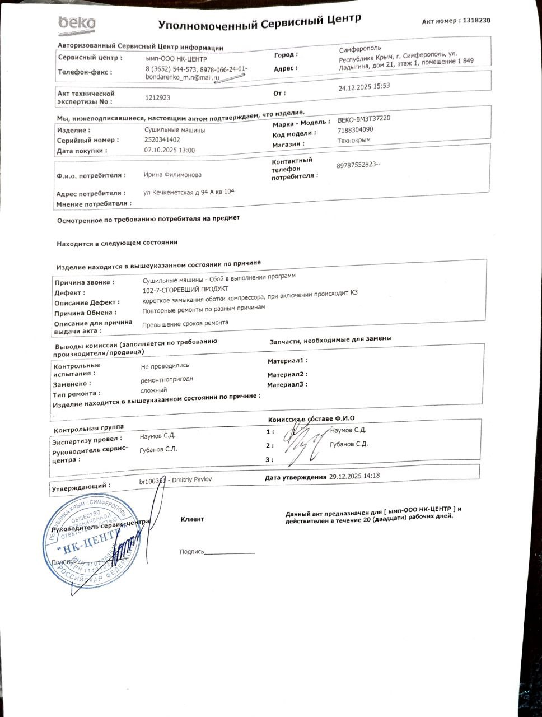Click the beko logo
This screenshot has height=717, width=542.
click(77, 24)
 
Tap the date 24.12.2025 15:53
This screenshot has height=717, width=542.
click(364, 87)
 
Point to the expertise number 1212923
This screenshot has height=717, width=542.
click(157, 97)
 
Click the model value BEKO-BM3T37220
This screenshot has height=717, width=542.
click(364, 119)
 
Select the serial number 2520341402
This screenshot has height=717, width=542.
click(162, 140)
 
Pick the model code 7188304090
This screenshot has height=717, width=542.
click(355, 130)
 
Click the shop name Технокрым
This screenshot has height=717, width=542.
click(354, 141)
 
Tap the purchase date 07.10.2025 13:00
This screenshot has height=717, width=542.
click(170, 151)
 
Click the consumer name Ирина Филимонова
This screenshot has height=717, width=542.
click(172, 175)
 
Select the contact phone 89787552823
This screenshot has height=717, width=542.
click(358, 166)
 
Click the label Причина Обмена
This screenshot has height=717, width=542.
click(85, 313)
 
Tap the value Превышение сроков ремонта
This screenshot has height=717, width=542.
click(185, 323)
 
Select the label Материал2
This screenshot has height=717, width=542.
click(287, 374)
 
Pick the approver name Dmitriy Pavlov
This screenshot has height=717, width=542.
click(191, 479)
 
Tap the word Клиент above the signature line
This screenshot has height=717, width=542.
click(192, 519)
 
